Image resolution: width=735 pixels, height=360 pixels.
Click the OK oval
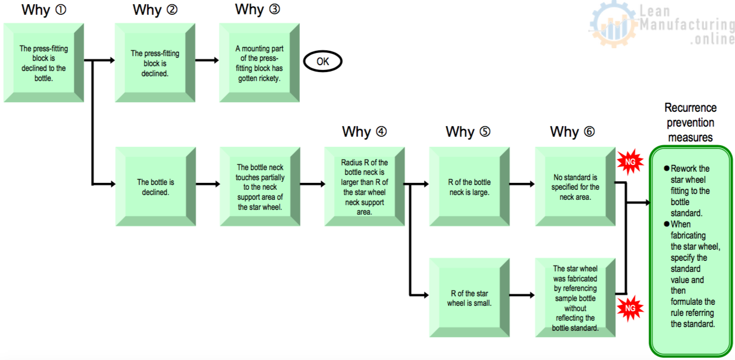(x=322, y=62)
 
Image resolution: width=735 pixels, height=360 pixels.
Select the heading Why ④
(x=364, y=131)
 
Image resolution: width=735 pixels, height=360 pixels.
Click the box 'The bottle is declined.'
(x=156, y=187)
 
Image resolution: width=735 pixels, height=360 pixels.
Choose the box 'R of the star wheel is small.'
(x=470, y=298)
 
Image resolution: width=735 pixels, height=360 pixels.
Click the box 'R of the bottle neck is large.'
(x=470, y=187)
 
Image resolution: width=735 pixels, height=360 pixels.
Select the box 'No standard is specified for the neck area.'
(x=575, y=187)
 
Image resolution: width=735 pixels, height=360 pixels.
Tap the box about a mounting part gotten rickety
(x=260, y=63)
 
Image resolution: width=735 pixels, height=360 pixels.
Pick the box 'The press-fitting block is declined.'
(x=155, y=63)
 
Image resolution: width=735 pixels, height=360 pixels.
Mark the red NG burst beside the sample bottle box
(x=630, y=308)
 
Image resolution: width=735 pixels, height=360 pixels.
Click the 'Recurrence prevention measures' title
(x=690, y=122)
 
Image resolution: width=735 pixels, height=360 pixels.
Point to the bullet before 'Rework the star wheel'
(x=667, y=169)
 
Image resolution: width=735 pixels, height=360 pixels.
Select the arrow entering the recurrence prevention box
(x=639, y=203)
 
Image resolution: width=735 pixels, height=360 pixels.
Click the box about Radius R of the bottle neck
(x=365, y=187)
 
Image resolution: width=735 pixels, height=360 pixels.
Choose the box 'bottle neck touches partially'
(x=260, y=187)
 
